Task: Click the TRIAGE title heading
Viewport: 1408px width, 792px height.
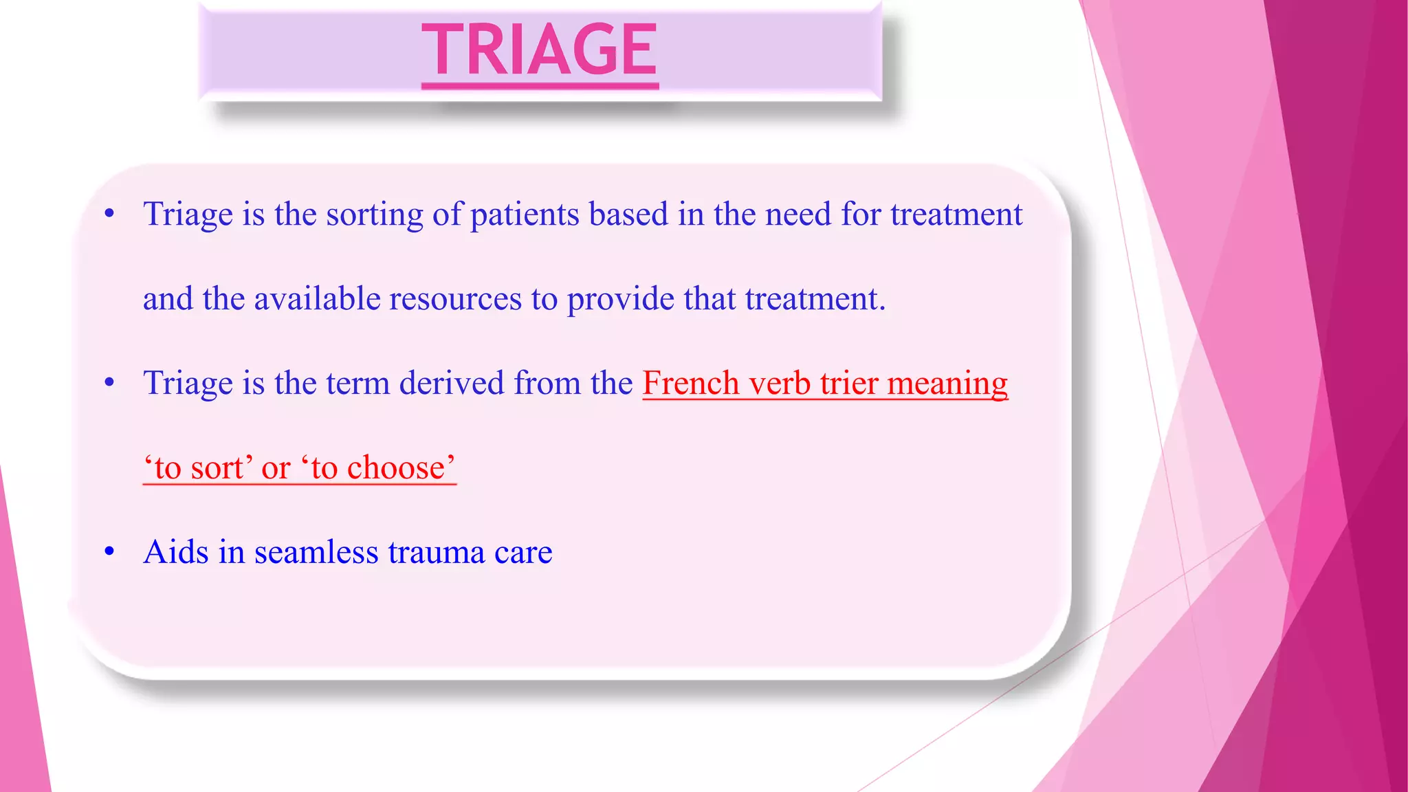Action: (540, 49)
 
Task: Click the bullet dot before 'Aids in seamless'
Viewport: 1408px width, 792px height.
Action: (109, 551)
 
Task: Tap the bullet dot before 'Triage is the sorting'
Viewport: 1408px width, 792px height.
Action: (109, 214)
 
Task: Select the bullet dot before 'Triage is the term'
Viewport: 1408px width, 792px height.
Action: (109, 382)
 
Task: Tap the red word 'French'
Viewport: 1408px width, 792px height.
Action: (691, 383)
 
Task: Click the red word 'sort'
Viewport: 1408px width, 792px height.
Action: (217, 468)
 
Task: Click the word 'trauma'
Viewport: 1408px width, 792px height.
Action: (437, 552)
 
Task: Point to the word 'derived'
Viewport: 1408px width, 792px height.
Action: (452, 383)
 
